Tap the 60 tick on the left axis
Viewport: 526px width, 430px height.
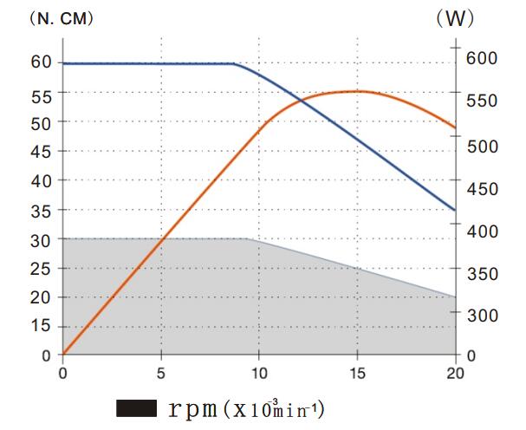pos(42,63)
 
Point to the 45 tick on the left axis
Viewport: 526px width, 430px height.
pos(42,151)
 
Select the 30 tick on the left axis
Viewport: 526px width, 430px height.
pos(42,238)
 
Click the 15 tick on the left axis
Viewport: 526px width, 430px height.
pos(42,326)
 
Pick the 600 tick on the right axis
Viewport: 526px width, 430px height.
pos(483,58)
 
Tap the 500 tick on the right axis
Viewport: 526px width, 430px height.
pos(483,146)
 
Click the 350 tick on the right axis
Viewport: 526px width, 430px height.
pos(483,273)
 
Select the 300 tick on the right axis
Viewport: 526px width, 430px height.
pos(483,316)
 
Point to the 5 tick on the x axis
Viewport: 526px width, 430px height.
pos(160,375)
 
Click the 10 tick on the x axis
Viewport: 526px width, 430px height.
pos(259,375)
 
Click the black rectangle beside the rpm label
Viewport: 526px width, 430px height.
pos(135,407)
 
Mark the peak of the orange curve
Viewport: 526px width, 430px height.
pos(356,91)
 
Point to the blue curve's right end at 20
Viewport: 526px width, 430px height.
pos(455,210)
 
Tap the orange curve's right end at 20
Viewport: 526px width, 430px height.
pos(455,128)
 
